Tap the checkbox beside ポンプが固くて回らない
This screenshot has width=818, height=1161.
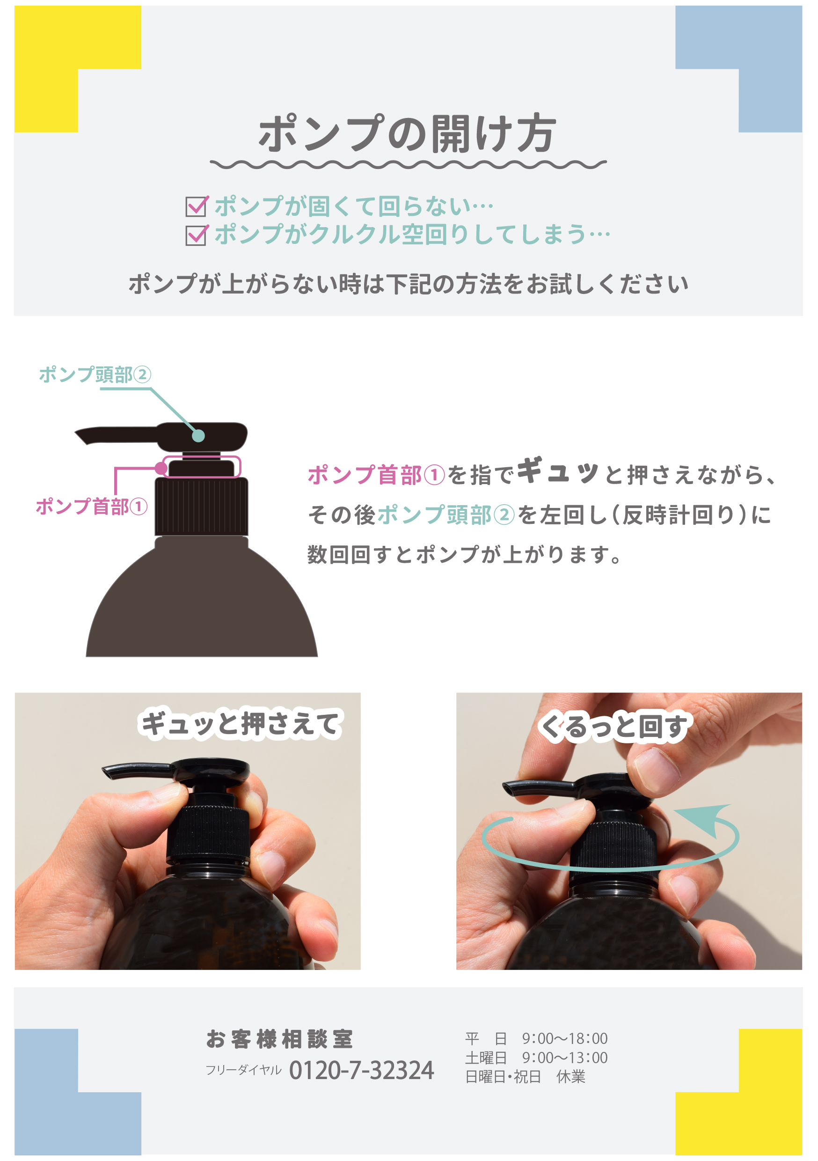click(196, 206)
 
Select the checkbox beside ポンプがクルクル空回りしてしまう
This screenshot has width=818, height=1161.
click(196, 235)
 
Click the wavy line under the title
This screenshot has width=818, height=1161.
click(408, 165)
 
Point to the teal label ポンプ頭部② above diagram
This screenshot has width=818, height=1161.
click(95, 375)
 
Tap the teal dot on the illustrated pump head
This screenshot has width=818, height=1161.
click(199, 435)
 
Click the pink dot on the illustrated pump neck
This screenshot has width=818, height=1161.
click(161, 468)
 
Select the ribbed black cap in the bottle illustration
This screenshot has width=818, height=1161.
click(201, 507)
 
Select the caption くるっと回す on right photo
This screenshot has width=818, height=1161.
click(614, 727)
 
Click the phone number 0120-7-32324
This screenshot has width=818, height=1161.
click(361, 1071)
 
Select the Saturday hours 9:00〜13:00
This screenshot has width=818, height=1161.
click(564, 1058)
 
